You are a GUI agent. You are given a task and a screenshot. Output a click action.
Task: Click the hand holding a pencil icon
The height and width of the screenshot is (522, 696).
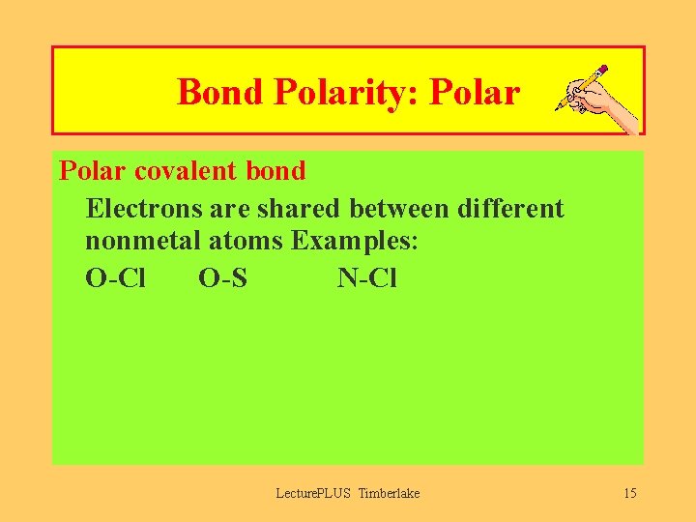click(595, 99)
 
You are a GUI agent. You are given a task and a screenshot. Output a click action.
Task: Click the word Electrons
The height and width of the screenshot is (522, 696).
click(143, 208)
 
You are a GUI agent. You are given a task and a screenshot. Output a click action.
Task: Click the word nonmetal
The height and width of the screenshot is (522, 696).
click(137, 241)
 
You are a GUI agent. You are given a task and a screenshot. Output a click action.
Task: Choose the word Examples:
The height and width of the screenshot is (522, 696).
click(356, 241)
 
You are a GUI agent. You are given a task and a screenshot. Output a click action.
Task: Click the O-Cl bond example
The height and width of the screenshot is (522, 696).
click(115, 278)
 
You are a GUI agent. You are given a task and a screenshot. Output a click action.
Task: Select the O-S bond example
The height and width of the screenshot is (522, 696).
click(222, 278)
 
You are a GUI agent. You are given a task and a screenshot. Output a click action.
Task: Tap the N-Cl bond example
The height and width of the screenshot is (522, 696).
click(366, 278)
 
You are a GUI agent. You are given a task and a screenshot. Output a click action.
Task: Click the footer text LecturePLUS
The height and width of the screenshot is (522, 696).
click(314, 494)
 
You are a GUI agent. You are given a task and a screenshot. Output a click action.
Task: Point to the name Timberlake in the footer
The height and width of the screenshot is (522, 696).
click(389, 494)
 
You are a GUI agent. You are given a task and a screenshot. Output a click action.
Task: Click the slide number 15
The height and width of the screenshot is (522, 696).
click(630, 494)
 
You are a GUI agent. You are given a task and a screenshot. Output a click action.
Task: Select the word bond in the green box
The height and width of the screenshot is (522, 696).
click(277, 171)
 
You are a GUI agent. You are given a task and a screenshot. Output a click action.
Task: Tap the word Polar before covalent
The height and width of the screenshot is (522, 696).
click(93, 171)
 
